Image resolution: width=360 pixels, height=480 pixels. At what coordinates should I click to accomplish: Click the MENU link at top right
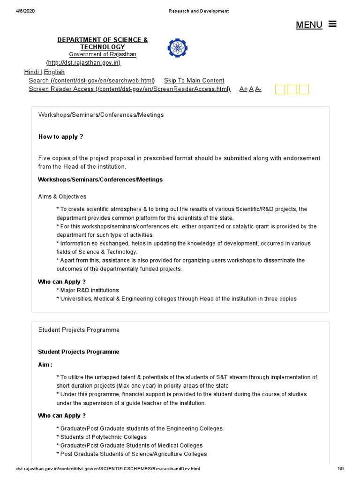(x=309, y=25)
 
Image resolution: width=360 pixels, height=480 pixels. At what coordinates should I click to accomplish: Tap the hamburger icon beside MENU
(x=333, y=23)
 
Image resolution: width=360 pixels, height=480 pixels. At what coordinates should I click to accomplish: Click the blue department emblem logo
(x=177, y=48)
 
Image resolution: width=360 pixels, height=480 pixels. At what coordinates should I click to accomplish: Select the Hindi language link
(x=32, y=72)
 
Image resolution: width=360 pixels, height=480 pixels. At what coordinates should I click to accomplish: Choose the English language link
(x=54, y=72)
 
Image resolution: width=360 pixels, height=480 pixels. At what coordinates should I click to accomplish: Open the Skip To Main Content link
(x=194, y=80)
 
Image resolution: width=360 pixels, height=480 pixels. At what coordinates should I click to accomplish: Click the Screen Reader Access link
(x=129, y=89)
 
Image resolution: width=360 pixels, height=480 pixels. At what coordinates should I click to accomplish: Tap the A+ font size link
(x=243, y=89)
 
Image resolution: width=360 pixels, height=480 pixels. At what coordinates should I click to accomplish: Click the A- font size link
(x=258, y=89)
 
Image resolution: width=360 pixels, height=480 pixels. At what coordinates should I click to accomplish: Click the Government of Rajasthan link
(x=103, y=54)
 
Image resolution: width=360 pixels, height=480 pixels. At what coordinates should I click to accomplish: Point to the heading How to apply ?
(x=60, y=136)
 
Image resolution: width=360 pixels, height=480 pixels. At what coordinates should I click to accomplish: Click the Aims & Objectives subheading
(x=62, y=196)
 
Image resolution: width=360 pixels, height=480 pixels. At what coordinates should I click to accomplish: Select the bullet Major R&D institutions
(x=89, y=290)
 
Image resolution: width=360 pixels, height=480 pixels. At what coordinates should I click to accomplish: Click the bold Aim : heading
(x=45, y=364)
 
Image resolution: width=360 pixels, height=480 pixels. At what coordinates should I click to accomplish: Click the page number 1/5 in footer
(x=340, y=469)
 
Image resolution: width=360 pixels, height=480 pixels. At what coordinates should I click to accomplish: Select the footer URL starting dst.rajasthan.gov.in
(x=108, y=469)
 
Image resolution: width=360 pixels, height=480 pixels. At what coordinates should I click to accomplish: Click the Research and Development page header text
(x=199, y=11)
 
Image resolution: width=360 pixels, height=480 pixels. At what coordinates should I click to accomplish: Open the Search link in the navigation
(x=91, y=80)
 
